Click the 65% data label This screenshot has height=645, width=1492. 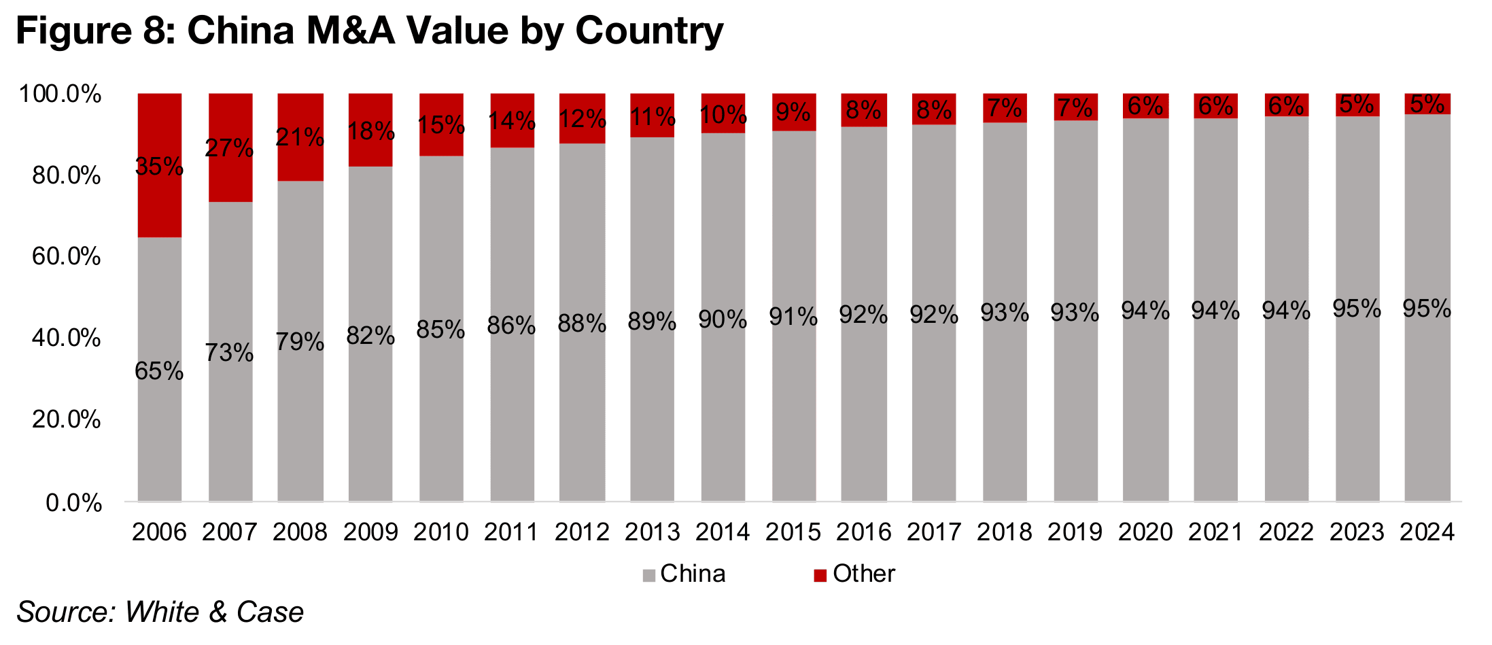159,371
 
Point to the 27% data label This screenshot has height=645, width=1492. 230,147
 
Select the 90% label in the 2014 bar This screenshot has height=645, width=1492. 723,319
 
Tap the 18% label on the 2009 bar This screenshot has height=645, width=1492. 370,131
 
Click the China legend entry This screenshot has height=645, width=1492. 684,574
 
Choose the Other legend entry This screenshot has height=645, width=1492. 854,574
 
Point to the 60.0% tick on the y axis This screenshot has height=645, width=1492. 67,257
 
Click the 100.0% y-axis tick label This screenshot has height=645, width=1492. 60,94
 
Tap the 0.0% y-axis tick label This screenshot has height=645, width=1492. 73,504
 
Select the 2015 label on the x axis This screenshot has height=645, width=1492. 793,532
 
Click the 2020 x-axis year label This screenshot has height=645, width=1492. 1145,532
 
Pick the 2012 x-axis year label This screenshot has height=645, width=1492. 582,532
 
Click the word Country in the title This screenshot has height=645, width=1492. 649,31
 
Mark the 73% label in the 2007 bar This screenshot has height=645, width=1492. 230,353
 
